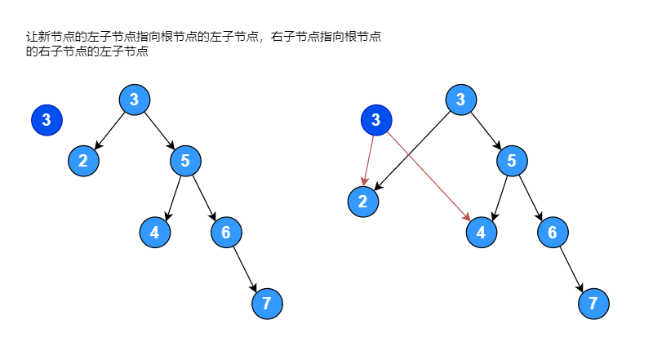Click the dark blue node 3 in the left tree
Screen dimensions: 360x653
click(47, 121)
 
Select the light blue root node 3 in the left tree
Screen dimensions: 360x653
click(134, 100)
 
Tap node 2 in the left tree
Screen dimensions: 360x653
click(83, 160)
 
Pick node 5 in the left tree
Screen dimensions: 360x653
click(185, 160)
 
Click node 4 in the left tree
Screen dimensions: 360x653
click(154, 233)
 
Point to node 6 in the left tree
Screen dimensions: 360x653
click(226, 233)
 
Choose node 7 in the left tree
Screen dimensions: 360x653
click(267, 304)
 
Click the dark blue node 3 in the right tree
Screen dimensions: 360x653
click(376, 121)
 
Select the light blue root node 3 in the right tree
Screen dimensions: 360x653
click(460, 100)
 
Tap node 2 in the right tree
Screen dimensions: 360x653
click(362, 202)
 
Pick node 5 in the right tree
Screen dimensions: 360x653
click(512, 160)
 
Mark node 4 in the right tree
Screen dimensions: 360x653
click(481, 233)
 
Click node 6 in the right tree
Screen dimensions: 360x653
click(553, 233)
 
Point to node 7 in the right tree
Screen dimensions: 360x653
click(593, 304)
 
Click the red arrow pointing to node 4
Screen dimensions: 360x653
click(429, 176)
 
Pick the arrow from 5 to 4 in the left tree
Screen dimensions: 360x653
click(172, 196)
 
